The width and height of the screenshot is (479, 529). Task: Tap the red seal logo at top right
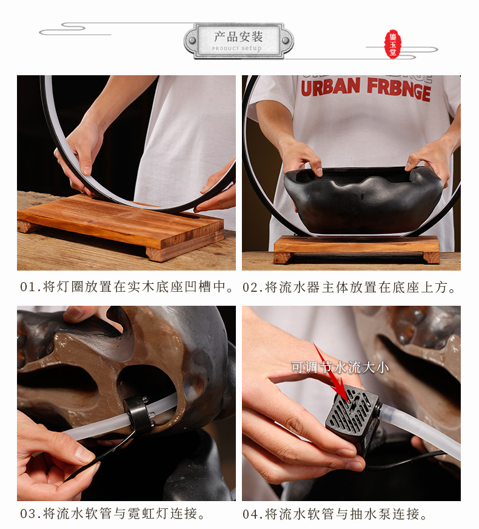tap(394, 44)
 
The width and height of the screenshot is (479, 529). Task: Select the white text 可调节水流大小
tap(340, 367)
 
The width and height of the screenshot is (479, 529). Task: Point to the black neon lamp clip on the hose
tap(138, 415)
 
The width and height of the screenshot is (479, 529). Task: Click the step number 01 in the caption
tap(28, 287)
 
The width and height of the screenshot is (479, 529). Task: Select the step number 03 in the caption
tap(28, 514)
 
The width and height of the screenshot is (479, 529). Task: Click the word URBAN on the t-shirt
tap(330, 87)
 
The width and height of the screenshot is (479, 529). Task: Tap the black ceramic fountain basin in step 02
tap(364, 200)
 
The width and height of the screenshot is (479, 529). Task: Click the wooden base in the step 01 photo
tap(121, 224)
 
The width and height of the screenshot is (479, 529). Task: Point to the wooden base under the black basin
tap(356, 247)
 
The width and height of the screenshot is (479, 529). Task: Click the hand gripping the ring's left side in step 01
tap(79, 152)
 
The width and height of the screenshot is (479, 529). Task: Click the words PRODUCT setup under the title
tap(237, 49)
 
